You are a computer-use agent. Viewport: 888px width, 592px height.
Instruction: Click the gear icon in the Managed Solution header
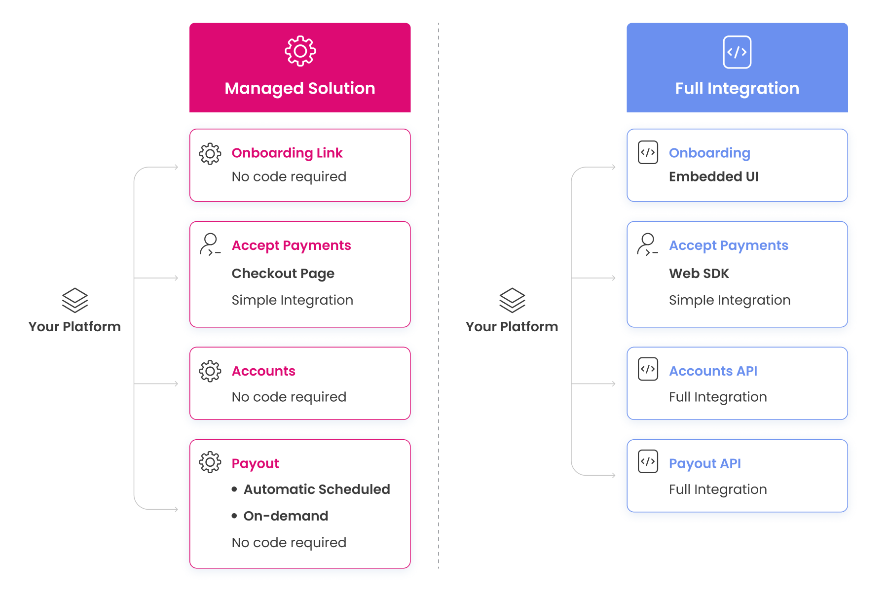pyautogui.click(x=300, y=51)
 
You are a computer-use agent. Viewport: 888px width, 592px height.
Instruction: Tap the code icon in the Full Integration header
pyautogui.click(x=737, y=52)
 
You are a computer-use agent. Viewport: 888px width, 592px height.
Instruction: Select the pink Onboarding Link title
pyautogui.click(x=287, y=153)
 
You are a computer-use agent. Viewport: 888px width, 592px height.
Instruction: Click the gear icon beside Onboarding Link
pyautogui.click(x=210, y=154)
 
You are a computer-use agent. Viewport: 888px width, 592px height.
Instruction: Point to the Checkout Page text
pyautogui.click(x=283, y=274)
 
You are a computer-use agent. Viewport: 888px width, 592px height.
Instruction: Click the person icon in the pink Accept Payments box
pyautogui.click(x=210, y=244)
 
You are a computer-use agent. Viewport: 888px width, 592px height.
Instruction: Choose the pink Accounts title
pyautogui.click(x=263, y=371)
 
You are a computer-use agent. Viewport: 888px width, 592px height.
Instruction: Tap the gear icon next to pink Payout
pyautogui.click(x=210, y=462)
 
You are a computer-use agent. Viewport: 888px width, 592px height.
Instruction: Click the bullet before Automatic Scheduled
pyautogui.click(x=234, y=489)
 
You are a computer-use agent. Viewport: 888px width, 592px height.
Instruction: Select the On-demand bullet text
pyautogui.click(x=286, y=516)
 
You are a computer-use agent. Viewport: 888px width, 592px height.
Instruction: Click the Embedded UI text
pyautogui.click(x=713, y=176)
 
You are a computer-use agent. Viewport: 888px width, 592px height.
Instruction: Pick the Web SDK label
pyautogui.click(x=699, y=273)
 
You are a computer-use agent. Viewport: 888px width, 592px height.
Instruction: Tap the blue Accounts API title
pyautogui.click(x=713, y=371)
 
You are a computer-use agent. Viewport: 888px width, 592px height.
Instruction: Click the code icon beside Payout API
pyautogui.click(x=648, y=461)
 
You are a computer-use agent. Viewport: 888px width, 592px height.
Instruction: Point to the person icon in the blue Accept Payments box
pyautogui.click(x=648, y=244)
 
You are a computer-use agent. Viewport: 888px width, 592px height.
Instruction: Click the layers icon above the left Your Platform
pyautogui.click(x=75, y=300)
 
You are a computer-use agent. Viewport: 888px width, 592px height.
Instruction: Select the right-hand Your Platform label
pyautogui.click(x=512, y=326)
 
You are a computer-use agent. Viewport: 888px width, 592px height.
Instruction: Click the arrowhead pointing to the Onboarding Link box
pyautogui.click(x=176, y=167)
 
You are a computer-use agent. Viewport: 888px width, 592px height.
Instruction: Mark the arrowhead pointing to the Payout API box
pyautogui.click(x=613, y=475)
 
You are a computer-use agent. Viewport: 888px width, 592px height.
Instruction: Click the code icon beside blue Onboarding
pyautogui.click(x=648, y=152)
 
